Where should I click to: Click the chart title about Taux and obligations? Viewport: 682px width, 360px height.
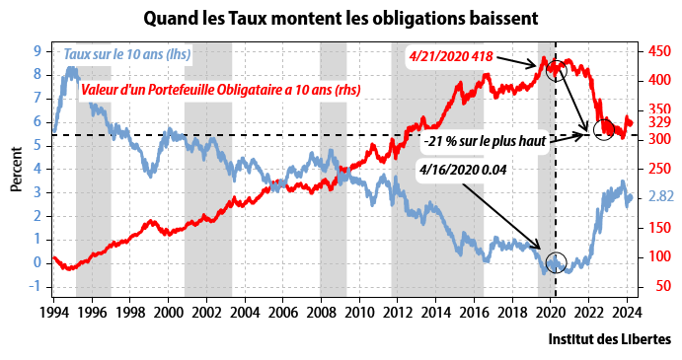[x=341, y=19]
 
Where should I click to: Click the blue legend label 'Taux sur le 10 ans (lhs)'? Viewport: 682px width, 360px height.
[x=127, y=54]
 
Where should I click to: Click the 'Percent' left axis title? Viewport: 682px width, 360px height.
[x=18, y=172]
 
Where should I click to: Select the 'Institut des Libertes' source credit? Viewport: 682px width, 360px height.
[x=609, y=338]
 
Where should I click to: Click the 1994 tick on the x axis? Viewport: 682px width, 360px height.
[x=54, y=313]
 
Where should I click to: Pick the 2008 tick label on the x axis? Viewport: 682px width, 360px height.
[x=321, y=313]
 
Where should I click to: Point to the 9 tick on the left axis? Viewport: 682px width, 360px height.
[x=37, y=50]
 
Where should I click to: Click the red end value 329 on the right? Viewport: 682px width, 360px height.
[x=661, y=122]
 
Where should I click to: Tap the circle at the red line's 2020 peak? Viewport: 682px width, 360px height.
[x=555, y=71]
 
